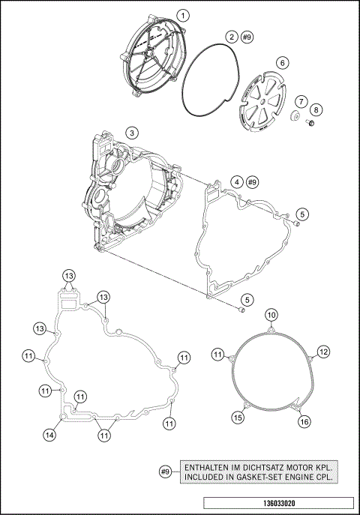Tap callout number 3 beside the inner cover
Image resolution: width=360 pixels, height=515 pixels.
[131, 133]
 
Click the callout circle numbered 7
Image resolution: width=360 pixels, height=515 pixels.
[299, 100]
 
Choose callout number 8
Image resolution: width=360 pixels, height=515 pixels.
[316, 110]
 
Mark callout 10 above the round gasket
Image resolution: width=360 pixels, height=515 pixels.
[271, 314]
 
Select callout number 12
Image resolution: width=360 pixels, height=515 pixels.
[323, 352]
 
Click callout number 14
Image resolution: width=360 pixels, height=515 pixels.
[49, 434]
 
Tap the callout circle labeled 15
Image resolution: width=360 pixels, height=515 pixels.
[237, 417]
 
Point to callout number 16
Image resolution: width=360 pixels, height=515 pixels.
[304, 422]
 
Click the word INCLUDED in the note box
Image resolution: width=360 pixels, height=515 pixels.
[203, 476]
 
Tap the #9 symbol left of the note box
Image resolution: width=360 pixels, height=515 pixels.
[166, 472]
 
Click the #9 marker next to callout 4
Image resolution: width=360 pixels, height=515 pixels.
[252, 182]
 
